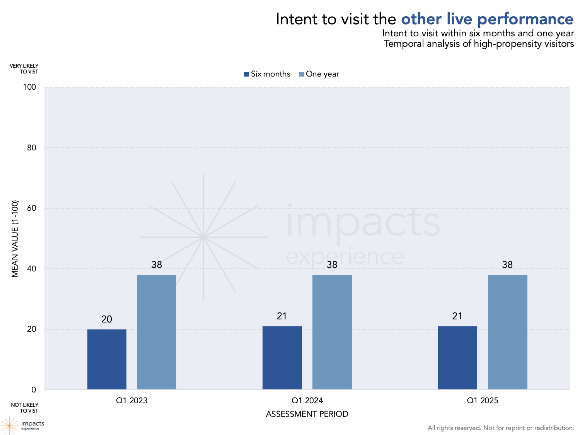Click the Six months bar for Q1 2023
pyautogui.click(x=107, y=359)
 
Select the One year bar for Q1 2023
pyautogui.click(x=157, y=332)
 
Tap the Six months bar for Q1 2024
pyautogui.click(x=282, y=358)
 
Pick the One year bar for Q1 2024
pyautogui.click(x=332, y=332)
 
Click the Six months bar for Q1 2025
pyautogui.click(x=457, y=358)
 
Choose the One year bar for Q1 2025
pyautogui.click(x=507, y=332)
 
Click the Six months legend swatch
pyautogui.click(x=247, y=74)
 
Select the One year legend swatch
pyautogui.click(x=302, y=74)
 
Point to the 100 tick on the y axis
pyautogui.click(x=29, y=87)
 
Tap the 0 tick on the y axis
pyautogui.click(x=34, y=390)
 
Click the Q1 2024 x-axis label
pyautogui.click(x=307, y=401)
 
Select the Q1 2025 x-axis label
pyautogui.click(x=483, y=401)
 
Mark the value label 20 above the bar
pyautogui.click(x=107, y=319)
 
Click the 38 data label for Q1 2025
pyautogui.click(x=507, y=265)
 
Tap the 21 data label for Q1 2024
pyautogui.click(x=282, y=316)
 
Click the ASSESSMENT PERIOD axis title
pyautogui.click(x=307, y=414)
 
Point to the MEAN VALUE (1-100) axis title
pyautogui.click(x=15, y=239)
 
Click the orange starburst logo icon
pyautogui.click(x=9, y=425)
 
